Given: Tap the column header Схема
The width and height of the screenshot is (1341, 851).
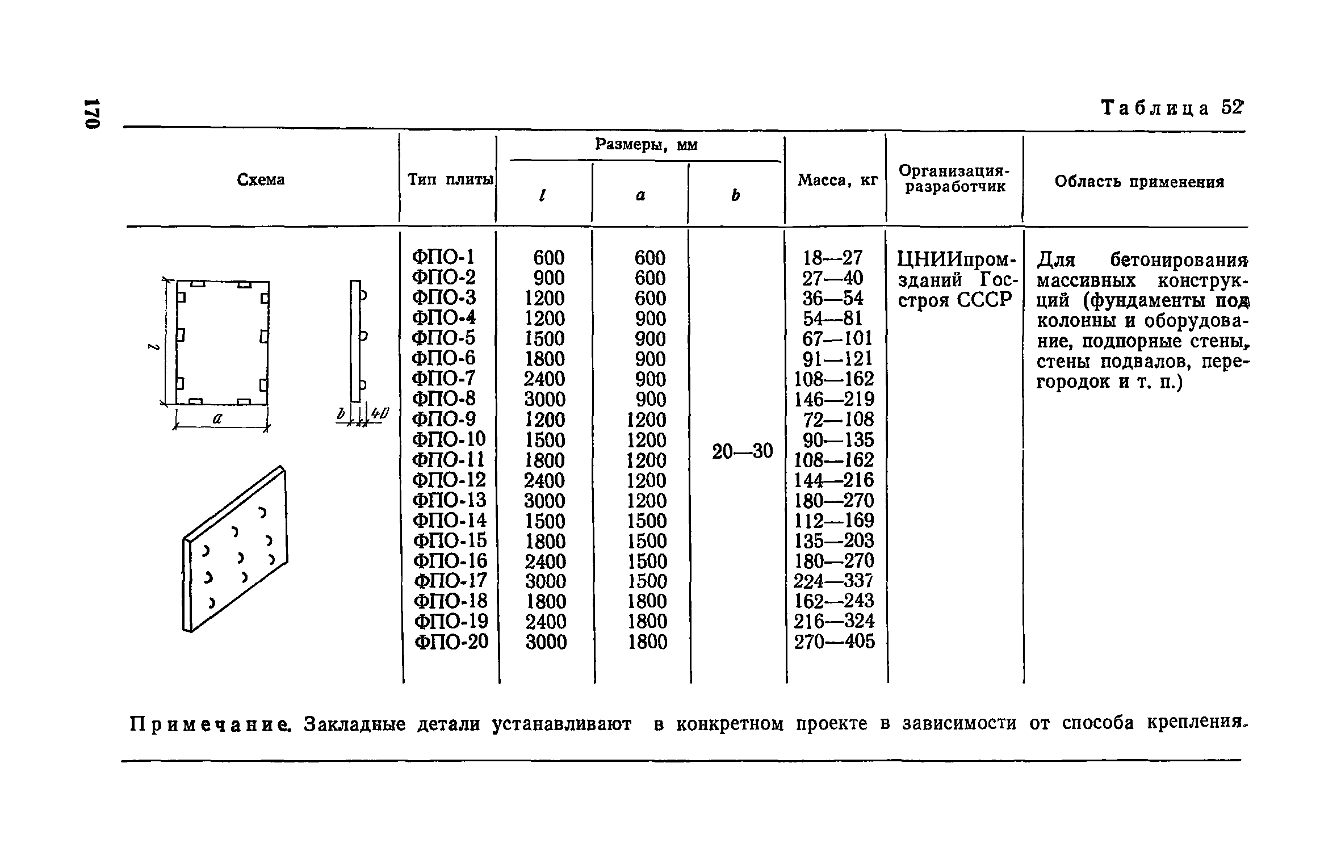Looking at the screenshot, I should click(261, 179).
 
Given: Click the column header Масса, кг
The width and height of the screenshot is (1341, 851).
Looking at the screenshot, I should click(837, 181).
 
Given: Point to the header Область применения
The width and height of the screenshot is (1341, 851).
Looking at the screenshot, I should click(1139, 182).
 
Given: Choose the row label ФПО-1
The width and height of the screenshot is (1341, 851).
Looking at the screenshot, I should click(443, 257).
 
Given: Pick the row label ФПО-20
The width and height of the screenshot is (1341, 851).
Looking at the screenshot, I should click(451, 642).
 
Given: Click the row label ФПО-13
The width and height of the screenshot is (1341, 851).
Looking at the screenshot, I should click(450, 500).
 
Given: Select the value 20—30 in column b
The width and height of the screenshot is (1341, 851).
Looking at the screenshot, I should click(742, 451).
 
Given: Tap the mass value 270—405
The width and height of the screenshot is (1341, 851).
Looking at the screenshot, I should click(835, 642).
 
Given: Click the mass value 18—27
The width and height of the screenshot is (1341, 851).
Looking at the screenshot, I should click(833, 258).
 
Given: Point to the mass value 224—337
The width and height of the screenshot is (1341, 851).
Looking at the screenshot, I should click(833, 581).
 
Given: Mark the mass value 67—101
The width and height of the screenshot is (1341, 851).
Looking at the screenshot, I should click(836, 338).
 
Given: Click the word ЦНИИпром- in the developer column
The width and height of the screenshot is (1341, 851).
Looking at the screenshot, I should click(956, 259).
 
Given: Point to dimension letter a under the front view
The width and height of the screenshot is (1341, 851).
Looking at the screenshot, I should click(217, 418).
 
